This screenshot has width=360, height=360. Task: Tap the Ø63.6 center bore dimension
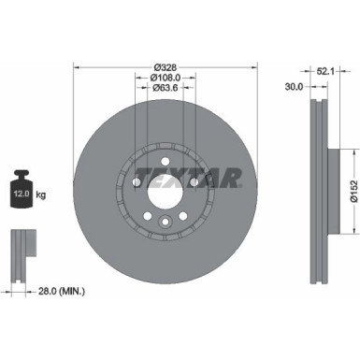(164, 88)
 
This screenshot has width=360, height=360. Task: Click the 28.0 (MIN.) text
(60, 293)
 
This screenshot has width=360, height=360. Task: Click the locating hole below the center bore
(164, 222)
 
